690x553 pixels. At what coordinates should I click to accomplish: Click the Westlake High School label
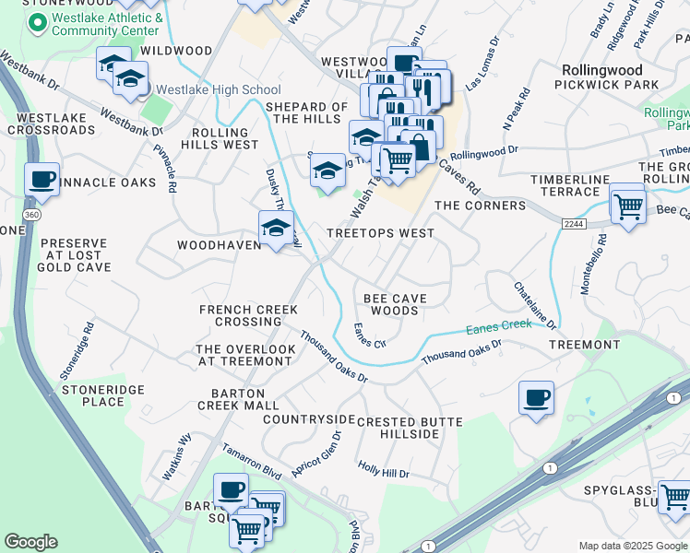219,89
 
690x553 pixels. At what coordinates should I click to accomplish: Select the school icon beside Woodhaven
276,229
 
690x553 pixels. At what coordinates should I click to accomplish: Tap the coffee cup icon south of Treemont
536,399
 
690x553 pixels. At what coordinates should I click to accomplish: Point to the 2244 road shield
573,224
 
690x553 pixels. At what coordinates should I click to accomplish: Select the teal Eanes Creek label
498,324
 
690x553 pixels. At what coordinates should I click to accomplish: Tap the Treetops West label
380,233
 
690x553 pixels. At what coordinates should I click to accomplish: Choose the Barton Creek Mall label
238,398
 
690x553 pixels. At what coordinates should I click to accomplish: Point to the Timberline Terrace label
564,185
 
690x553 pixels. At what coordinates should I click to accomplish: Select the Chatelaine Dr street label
536,306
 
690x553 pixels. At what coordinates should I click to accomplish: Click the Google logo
30,542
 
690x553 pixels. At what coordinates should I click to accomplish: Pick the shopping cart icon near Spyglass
674,497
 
